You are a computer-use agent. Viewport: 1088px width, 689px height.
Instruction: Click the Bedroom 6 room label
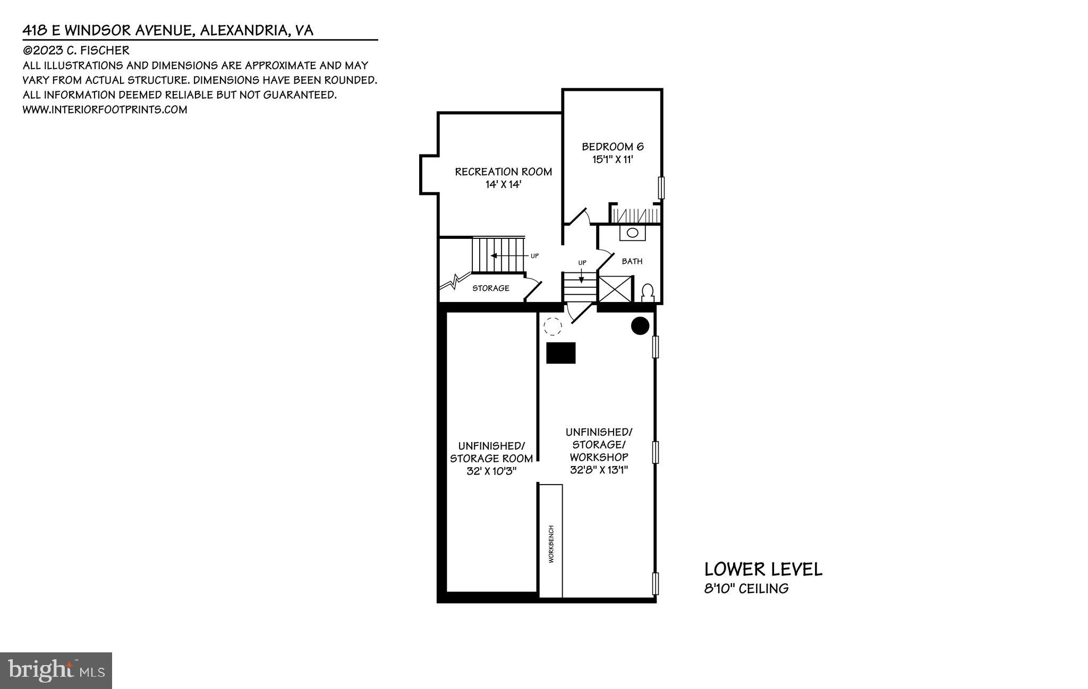coord(613,147)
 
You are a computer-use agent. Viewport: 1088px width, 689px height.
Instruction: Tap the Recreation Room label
coord(503,171)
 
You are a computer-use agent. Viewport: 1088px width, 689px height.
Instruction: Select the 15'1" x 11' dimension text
coord(613,159)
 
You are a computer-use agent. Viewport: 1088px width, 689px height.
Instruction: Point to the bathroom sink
coord(632,232)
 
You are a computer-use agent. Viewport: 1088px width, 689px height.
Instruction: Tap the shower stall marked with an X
coord(616,289)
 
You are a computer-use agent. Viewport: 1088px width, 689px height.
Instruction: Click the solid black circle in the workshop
coord(640,326)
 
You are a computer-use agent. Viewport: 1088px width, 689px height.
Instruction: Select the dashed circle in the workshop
coord(552,326)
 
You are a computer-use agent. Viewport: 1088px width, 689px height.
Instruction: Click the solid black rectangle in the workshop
coord(561,353)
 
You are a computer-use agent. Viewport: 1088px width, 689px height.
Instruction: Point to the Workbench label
coord(551,544)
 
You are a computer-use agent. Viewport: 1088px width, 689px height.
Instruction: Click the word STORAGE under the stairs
coord(491,288)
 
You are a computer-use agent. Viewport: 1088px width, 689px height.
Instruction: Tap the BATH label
coord(632,261)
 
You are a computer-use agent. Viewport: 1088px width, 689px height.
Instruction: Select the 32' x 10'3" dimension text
coord(491,471)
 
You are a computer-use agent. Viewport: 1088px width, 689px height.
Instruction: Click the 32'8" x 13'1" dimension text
coord(599,470)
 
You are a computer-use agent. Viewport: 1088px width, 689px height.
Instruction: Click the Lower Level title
coord(763,570)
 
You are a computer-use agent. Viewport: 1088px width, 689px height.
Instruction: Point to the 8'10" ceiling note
coord(746,589)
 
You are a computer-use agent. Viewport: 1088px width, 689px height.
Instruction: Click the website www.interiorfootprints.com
coord(105,110)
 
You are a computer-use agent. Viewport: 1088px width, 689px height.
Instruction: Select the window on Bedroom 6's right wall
coord(661,188)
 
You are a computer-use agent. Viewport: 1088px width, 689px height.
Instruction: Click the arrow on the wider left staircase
coord(494,256)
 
